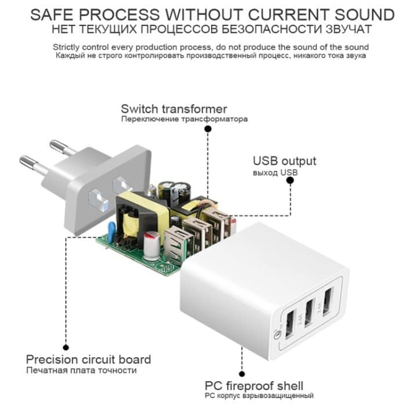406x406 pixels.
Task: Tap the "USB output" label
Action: [x=284, y=161]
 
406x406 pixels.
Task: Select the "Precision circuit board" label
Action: [x=88, y=359]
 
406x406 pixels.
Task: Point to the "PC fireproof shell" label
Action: [x=253, y=386]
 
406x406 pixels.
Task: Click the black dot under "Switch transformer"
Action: [x=208, y=131]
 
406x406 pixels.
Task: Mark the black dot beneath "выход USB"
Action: [x=289, y=182]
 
